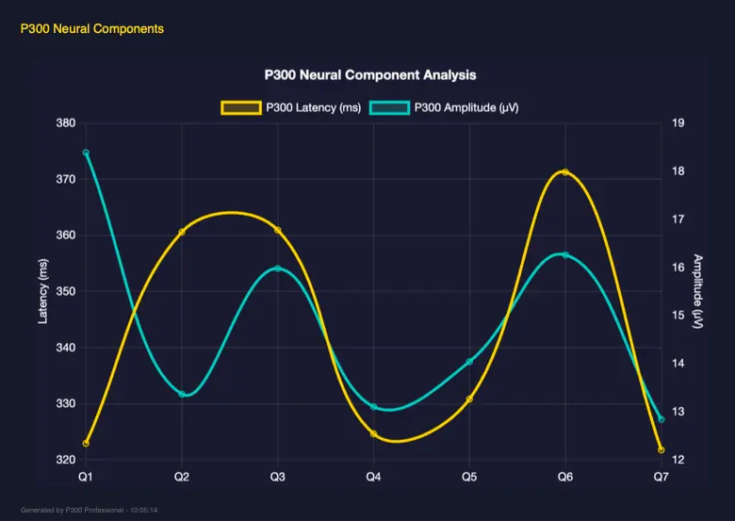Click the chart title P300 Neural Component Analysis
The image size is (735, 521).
(x=370, y=74)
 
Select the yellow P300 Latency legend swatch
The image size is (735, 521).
(x=240, y=107)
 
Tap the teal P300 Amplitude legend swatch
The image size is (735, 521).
(x=388, y=107)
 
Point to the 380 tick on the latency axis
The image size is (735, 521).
(x=65, y=123)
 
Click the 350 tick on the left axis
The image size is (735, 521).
(x=65, y=292)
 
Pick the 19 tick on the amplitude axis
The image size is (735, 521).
(x=678, y=123)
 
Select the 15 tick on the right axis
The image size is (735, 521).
(x=678, y=316)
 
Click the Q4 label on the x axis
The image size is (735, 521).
(x=373, y=478)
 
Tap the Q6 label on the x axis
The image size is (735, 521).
(x=564, y=478)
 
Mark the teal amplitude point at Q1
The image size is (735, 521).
(x=86, y=153)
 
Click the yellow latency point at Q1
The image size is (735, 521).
(x=86, y=444)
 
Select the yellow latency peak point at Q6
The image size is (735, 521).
(x=565, y=172)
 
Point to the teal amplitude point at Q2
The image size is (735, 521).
(x=182, y=394)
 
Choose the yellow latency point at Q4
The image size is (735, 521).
(x=374, y=434)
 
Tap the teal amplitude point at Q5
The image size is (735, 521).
(x=469, y=362)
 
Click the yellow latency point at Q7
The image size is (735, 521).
(x=661, y=450)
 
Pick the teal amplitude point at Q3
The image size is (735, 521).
(x=278, y=269)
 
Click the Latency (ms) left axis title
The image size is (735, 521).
(x=42, y=292)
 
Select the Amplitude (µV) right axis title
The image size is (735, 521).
(x=698, y=292)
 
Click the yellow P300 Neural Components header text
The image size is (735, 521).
(x=91, y=29)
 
